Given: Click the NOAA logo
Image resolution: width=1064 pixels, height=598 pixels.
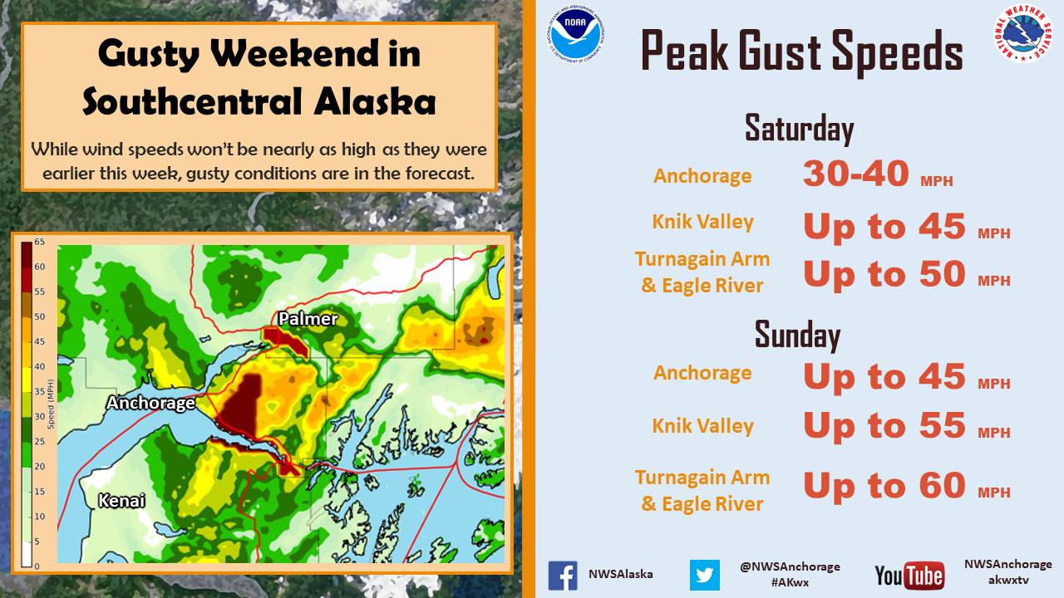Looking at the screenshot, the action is coord(575,34).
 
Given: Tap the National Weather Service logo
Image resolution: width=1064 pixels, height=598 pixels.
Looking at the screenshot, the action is coord(1022,33).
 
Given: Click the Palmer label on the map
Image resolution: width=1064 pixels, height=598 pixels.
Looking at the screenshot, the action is coord(308,318).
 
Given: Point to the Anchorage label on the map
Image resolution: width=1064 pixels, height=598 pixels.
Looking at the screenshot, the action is coord(150,403).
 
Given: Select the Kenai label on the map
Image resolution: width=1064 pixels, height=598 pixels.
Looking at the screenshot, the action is coord(121,501).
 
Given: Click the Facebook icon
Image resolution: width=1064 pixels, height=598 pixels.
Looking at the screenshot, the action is coord(563,576).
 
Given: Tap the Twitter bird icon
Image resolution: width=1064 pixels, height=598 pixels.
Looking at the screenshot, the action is coord(704,576).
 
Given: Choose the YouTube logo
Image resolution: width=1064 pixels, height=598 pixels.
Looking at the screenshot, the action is coord(909,576).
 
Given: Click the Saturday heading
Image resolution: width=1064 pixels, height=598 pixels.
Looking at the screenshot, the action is coord(799,129).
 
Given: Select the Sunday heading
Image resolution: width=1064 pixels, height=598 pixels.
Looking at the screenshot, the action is coord(797,335).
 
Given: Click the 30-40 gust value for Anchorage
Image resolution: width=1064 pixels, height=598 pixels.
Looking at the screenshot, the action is coord(856,174).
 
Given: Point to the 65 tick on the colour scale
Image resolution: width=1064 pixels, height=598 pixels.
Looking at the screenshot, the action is coord(39,242).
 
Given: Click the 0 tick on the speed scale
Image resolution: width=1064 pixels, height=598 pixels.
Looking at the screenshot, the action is coord(37,566).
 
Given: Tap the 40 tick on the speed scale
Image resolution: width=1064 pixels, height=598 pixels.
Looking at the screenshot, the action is coord(39,366).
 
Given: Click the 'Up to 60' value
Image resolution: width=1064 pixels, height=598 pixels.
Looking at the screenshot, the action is coord(884,486).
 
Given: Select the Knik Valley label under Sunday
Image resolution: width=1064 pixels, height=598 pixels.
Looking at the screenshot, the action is coord(702,426).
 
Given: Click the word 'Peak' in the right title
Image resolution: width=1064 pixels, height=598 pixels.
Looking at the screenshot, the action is coord(684,51).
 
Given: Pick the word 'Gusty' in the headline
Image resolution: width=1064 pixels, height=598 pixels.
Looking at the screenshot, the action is coord(149,54).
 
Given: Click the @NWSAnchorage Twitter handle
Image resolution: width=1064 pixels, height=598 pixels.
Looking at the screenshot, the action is coord(790,566).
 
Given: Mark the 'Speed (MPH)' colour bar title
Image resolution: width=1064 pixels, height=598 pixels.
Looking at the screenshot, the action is coord(51,404).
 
